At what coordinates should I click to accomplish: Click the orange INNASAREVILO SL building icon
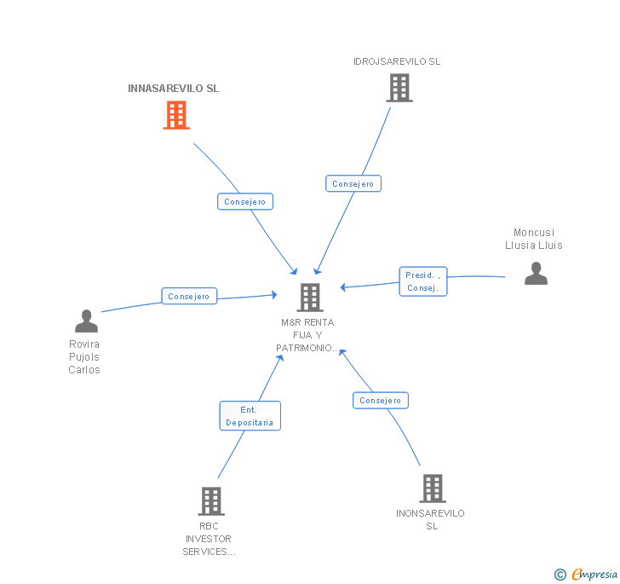[176, 115]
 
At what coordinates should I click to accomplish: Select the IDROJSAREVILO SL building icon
[399, 88]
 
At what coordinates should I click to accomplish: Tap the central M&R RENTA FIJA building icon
[310, 298]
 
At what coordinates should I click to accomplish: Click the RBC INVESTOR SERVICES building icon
[210, 501]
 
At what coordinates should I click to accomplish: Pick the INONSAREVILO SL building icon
[432, 489]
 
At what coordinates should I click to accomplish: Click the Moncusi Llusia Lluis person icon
[536, 273]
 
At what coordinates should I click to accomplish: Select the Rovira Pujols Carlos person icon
[86, 321]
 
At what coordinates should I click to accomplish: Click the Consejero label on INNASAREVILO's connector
[244, 202]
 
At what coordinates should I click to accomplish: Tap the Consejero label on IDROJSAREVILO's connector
[353, 183]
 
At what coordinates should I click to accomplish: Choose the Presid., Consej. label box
[423, 281]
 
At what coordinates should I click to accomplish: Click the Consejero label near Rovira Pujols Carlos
[189, 296]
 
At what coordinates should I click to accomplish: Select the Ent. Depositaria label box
[250, 416]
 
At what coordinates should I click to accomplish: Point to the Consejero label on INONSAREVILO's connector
[380, 401]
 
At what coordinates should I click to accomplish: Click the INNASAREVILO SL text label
[173, 89]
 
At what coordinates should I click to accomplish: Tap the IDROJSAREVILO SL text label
[397, 61]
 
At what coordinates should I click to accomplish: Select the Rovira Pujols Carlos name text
[84, 357]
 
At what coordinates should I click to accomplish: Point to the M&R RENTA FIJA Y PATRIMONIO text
[307, 335]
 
